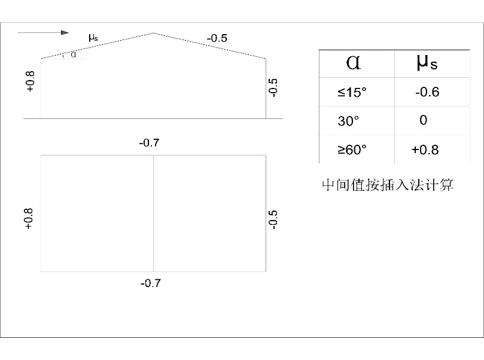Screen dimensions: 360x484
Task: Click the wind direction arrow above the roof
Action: (x=44, y=32)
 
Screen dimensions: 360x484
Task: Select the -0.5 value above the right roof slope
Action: (x=217, y=38)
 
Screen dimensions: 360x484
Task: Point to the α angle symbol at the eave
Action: (x=73, y=54)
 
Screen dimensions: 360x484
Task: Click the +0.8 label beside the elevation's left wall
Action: (x=31, y=81)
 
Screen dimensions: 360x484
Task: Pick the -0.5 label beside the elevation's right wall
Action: (x=273, y=87)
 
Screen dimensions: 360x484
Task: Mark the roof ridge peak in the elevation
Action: (x=154, y=33)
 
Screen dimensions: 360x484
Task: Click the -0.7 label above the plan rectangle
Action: (x=149, y=144)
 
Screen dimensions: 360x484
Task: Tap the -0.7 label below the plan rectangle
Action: (x=150, y=283)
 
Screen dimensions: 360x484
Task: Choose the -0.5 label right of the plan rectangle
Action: (x=273, y=219)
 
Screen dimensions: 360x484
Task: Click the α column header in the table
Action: (x=354, y=63)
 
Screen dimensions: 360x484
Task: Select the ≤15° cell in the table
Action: (x=351, y=93)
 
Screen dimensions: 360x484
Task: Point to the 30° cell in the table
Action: (x=348, y=121)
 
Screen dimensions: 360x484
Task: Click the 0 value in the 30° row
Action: (x=424, y=120)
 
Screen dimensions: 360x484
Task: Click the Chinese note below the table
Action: (x=388, y=185)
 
